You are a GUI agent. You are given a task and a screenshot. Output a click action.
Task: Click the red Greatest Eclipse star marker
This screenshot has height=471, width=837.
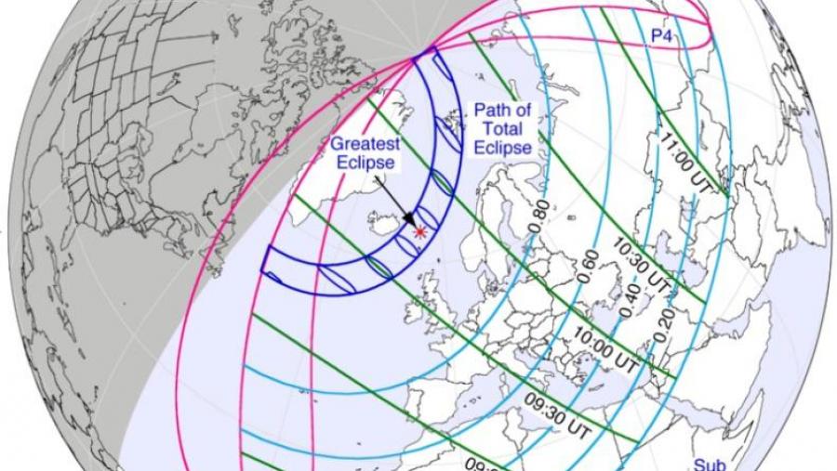420,230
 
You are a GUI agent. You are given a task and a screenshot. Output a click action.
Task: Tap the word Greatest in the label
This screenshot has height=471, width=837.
364,145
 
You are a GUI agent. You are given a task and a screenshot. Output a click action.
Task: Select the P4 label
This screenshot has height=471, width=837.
661,34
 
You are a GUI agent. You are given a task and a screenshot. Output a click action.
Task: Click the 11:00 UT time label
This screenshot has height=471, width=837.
687,163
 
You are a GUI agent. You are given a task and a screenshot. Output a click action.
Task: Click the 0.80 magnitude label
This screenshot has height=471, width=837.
537,216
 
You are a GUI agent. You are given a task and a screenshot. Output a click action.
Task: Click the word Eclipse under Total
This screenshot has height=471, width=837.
501,148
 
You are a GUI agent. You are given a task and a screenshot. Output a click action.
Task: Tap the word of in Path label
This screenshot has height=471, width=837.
524,111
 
